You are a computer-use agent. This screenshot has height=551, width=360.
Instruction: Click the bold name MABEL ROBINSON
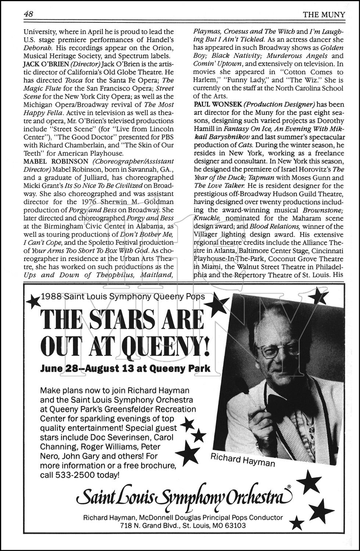[56, 161]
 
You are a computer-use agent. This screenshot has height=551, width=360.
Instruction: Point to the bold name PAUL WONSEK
[210, 104]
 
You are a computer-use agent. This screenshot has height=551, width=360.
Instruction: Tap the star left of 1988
[34, 302]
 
